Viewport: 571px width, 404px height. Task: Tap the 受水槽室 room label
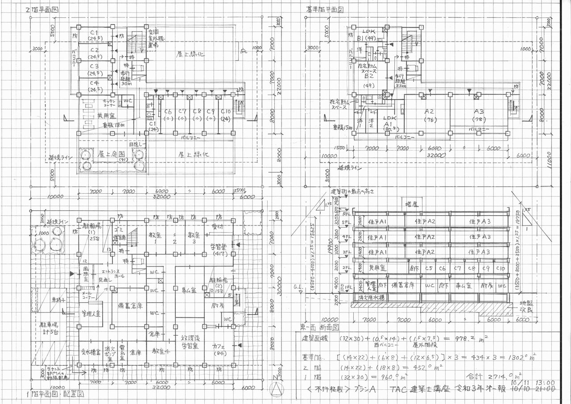[90, 352]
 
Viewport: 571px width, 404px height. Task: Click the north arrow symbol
[277, 389]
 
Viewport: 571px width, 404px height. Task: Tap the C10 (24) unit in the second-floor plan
[225, 115]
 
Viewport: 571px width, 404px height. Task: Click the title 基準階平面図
[324, 9]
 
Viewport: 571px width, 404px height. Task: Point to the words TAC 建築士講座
[418, 389]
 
